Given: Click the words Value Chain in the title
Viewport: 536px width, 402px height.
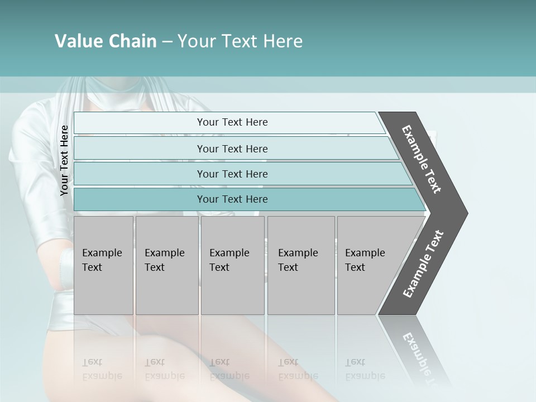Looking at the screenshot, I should (106, 41).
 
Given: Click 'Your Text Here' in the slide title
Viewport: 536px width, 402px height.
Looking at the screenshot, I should (240, 41).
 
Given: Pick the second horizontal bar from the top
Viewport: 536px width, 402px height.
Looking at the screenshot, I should (232, 149).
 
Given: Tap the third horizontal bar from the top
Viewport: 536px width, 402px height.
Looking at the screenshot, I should (232, 174).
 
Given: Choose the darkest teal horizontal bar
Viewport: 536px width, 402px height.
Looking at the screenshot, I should (232, 199).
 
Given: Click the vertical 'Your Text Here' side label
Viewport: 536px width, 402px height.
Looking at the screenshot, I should (65, 160).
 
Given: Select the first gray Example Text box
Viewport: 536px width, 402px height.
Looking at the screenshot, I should (103, 265).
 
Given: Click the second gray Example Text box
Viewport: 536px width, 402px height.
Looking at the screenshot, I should (167, 265).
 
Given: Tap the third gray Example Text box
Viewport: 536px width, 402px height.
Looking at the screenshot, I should (232, 265).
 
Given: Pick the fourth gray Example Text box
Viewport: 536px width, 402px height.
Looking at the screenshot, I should (301, 265).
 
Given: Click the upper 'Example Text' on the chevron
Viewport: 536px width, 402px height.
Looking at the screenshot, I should (422, 159).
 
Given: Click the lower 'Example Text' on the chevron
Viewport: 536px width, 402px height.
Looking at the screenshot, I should (423, 264).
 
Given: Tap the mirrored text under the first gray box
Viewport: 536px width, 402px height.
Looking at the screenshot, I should (102, 369).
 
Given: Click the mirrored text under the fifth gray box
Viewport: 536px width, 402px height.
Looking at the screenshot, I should (365, 369).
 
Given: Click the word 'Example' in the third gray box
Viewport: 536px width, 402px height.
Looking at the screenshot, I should (229, 253).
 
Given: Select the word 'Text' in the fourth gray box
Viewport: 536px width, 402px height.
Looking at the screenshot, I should (288, 267).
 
